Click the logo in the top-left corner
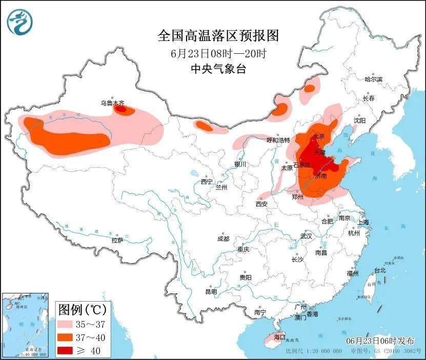[x=19, y=22]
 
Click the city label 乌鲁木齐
[x=112, y=103]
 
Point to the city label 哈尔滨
[x=373, y=79]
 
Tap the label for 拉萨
[x=117, y=240]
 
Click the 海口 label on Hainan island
[x=279, y=337]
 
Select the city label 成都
[x=223, y=239]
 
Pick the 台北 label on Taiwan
[x=379, y=270]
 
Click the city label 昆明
[x=211, y=291]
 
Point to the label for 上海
[x=363, y=222]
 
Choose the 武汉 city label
[x=306, y=236]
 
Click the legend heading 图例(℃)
[x=82, y=309]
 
